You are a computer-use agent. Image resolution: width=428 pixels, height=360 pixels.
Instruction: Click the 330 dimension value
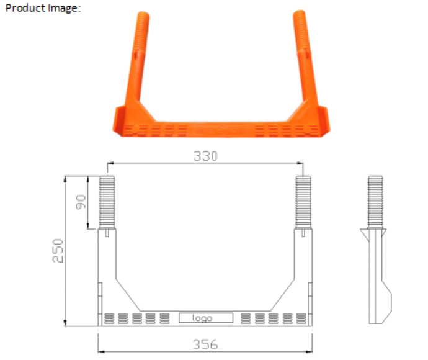tap(205, 156)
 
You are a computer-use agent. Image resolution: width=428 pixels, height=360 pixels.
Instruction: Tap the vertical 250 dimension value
tap(57, 250)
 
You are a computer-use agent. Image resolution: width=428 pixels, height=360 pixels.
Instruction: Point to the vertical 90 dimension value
tap(81, 202)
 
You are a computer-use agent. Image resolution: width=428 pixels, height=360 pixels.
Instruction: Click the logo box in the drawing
tap(205, 318)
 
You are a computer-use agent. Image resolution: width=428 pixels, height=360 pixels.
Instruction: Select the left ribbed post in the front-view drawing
tap(109, 202)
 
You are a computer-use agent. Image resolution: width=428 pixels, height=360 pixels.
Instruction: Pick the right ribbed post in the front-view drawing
tap(303, 202)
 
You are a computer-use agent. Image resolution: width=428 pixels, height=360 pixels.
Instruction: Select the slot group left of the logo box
tap(136, 318)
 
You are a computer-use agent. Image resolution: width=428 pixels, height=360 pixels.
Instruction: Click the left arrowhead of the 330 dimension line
tap(110, 164)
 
